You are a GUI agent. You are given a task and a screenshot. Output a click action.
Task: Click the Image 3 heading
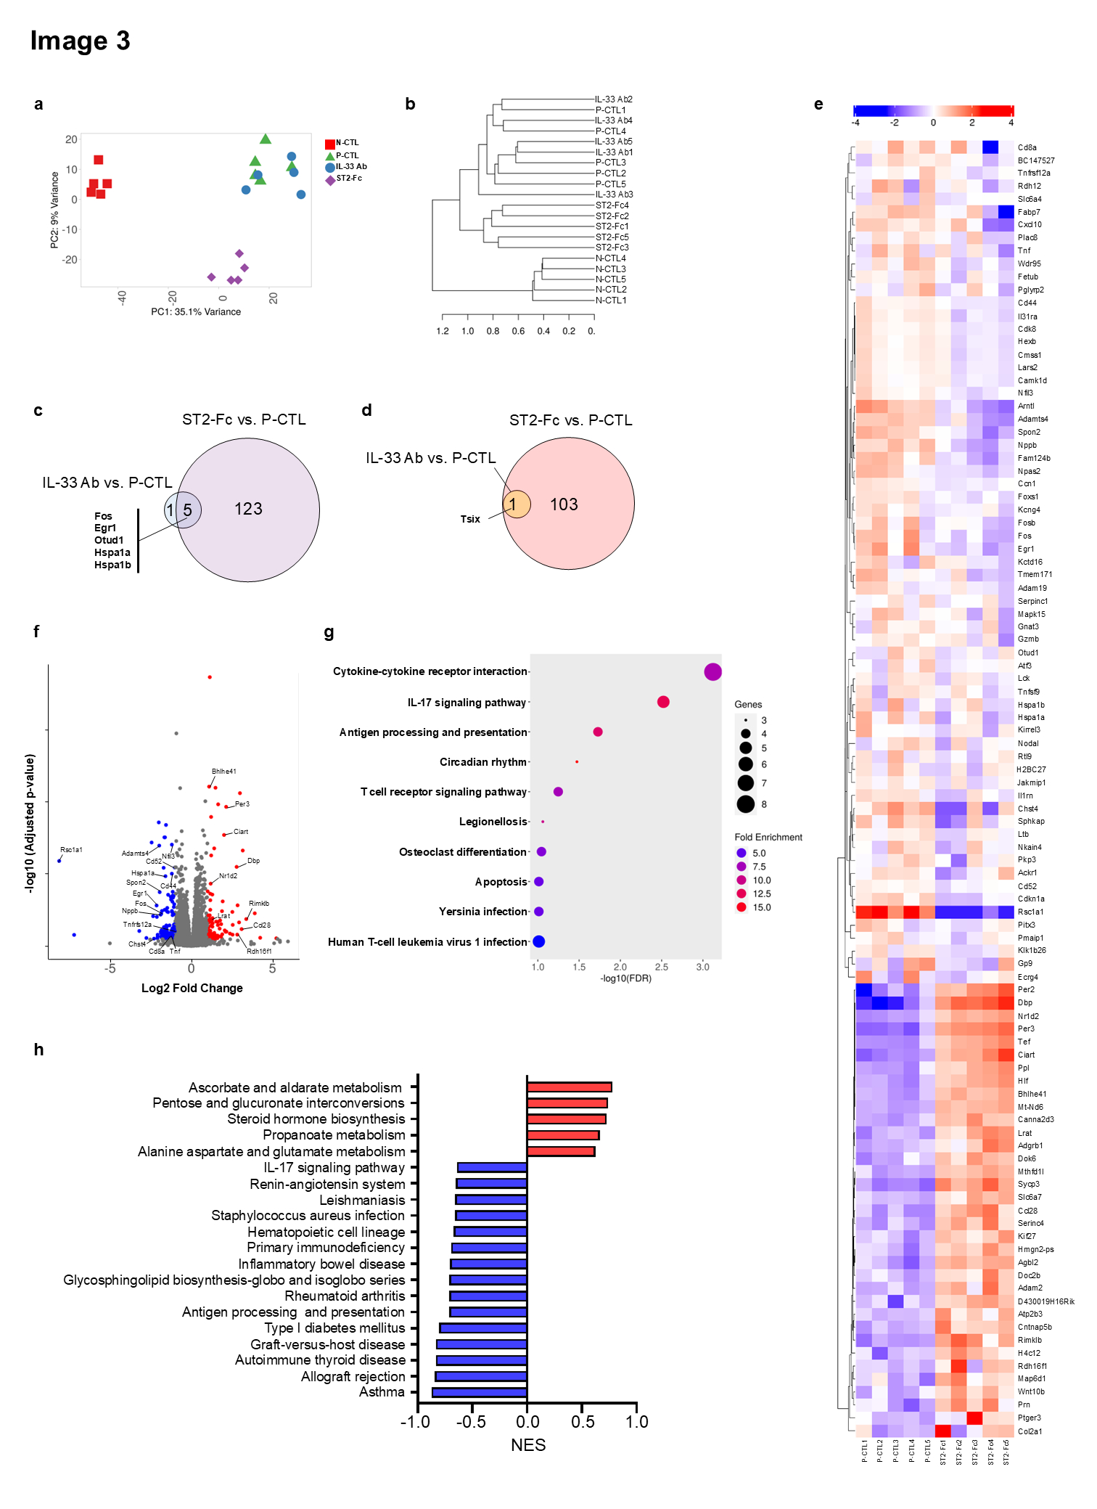coord(80,41)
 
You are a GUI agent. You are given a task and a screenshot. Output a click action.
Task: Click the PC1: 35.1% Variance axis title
coord(196,312)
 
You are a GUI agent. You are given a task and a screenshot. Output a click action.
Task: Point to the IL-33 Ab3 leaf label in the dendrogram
coord(614,195)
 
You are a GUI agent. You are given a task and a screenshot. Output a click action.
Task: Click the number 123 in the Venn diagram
coord(248,509)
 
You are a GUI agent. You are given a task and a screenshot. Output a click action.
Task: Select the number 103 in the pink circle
coord(564,504)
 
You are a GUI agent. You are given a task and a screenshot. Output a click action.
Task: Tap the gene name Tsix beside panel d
coord(470,519)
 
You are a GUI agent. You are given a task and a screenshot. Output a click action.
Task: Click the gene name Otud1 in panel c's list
coord(109,540)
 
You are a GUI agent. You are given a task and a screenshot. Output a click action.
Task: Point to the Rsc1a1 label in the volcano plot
coord(71,849)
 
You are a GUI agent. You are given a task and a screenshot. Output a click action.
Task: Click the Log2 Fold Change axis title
coord(192,988)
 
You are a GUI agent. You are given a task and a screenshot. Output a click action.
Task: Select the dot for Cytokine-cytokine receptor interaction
coord(712,672)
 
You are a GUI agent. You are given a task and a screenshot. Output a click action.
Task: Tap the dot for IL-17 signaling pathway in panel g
coord(663,702)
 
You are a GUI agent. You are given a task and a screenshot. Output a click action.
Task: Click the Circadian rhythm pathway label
coord(483,762)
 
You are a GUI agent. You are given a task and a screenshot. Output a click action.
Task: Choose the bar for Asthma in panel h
coord(480,1392)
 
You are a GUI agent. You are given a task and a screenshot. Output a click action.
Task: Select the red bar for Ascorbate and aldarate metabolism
coord(570,1087)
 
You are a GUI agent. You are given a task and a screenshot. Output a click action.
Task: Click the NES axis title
coord(528,1445)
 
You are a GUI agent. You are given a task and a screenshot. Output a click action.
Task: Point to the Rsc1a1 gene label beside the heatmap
coord(1030,912)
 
